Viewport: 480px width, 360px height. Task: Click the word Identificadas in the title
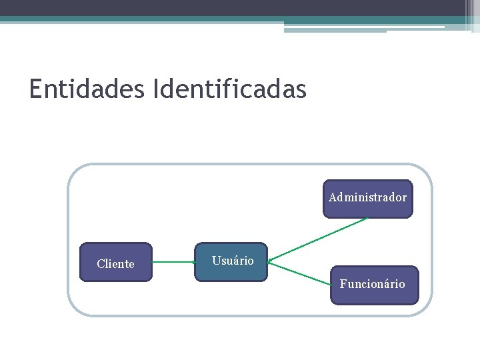tap(229, 89)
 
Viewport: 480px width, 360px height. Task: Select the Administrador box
tap(368, 199)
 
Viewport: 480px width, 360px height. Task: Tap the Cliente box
tap(116, 262)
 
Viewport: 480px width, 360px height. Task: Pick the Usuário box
tap(231, 262)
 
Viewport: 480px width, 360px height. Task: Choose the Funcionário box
tap(375, 285)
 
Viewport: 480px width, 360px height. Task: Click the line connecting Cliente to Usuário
tap(173, 262)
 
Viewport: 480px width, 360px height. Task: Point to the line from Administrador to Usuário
tap(320, 239)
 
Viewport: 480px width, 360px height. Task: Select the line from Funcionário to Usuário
tap(300, 272)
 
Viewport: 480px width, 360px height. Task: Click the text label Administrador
tap(368, 197)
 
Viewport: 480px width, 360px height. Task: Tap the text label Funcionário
tap(373, 284)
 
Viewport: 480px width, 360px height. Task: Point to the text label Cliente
tap(115, 264)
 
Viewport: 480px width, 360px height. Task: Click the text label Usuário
tap(233, 261)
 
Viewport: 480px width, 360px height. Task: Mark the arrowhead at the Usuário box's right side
tap(271, 261)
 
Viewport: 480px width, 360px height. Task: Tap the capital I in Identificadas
tap(156, 89)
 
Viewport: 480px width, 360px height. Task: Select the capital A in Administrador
tap(333, 197)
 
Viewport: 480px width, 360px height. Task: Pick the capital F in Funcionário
tap(343, 284)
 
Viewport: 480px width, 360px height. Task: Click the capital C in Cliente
tap(101, 264)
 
